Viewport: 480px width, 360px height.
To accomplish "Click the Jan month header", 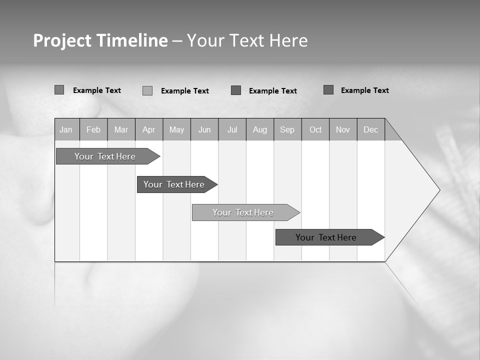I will click(66, 129).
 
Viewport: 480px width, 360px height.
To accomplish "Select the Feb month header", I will click(93, 129).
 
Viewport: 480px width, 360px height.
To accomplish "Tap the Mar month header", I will click(121, 129).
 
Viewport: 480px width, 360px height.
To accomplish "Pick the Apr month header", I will click(149, 129).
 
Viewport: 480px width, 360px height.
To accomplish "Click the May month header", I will click(176, 129).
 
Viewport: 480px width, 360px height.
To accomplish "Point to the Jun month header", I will click(204, 129).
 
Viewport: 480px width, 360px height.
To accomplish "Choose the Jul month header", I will click(232, 129).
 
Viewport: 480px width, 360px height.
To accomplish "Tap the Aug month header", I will click(260, 129).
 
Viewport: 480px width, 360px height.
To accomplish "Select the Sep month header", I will click(287, 129).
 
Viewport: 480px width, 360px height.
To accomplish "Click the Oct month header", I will click(315, 129).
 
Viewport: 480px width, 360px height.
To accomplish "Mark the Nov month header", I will click(343, 129).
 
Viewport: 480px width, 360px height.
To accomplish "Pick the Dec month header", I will click(371, 129).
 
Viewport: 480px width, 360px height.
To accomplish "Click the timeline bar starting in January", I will click(105, 156).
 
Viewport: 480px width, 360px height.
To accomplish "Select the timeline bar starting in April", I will click(174, 184).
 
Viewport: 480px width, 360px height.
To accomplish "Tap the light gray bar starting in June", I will click(243, 212).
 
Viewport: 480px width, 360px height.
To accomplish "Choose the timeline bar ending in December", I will click(326, 237).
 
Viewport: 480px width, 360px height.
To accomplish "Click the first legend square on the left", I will click(59, 90).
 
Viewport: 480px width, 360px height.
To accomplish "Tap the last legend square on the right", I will click(328, 90).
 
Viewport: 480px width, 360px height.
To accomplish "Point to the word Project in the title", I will click(62, 40).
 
